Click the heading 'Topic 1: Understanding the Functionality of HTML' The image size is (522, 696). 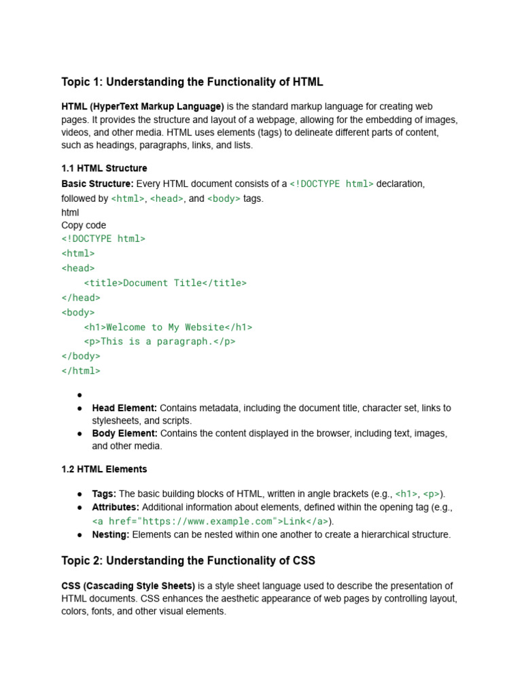pyautogui.click(x=192, y=82)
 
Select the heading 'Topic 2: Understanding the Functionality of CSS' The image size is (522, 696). pyautogui.click(x=188, y=561)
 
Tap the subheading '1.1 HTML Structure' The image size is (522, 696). pyautogui.click(x=104, y=168)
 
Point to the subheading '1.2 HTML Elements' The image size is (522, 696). pyautogui.click(x=104, y=469)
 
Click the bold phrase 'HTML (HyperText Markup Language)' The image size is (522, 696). pyautogui.click(x=143, y=107)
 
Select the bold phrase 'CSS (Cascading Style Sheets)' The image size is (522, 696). pyautogui.click(x=128, y=586)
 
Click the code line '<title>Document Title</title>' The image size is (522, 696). pyautogui.click(x=165, y=283)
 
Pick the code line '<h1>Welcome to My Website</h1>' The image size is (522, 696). pyautogui.click(x=168, y=327)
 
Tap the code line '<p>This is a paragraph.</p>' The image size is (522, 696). pyautogui.click(x=160, y=341)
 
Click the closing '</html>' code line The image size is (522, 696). pyautogui.click(x=81, y=370)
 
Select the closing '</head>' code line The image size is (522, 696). pyautogui.click(x=81, y=297)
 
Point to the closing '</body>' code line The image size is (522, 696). pyautogui.click(x=81, y=356)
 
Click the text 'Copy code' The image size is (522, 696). pyautogui.click(x=84, y=225)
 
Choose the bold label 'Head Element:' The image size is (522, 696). pyautogui.click(x=124, y=408)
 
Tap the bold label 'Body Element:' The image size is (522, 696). pyautogui.click(x=124, y=433)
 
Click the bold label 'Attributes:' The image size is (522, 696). pyautogui.click(x=116, y=507)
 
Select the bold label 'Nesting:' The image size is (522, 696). pyautogui.click(x=111, y=534)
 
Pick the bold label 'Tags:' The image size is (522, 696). pyautogui.click(x=104, y=493)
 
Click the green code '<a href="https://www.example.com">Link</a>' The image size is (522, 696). pyautogui.click(x=211, y=521)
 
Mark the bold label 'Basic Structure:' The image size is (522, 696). pyautogui.click(x=98, y=184)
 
